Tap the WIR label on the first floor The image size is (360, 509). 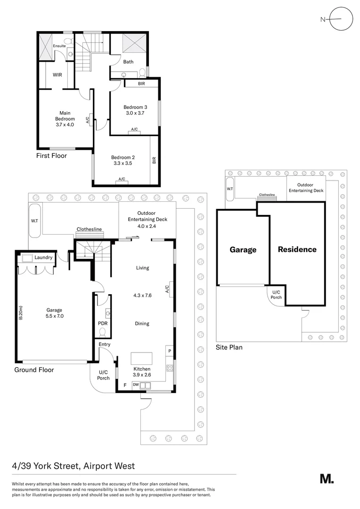coord(57,75)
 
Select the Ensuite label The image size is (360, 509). coord(59,46)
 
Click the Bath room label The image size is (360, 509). coord(128,62)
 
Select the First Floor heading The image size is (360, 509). coord(51,156)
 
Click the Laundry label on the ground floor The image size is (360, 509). coord(43,257)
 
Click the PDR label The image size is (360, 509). coord(103,323)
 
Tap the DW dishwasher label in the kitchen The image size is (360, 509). coord(135,385)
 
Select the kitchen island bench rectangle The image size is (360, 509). coord(141,358)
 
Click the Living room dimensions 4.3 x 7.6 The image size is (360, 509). coord(142,296)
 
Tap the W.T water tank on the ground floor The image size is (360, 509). coord(35,221)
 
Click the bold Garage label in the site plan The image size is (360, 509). coord(243,250)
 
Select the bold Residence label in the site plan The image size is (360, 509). coord(297,249)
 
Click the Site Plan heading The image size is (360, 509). coord(229,347)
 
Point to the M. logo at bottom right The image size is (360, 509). coord(327,478)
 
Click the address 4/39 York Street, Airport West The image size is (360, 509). coord(74,466)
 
